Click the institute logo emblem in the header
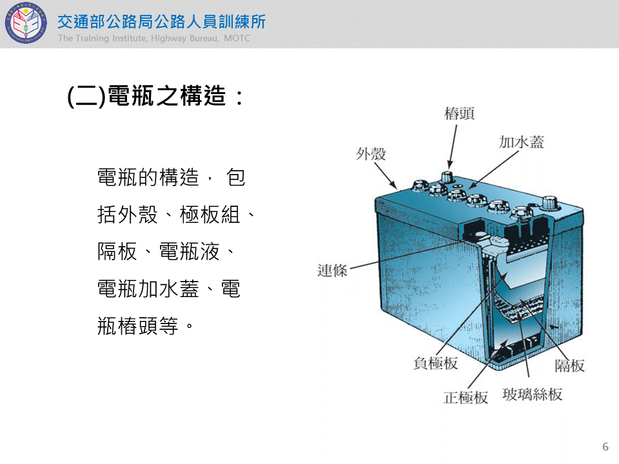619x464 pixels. click(x=26, y=23)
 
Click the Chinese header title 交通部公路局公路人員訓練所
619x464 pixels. click(x=161, y=22)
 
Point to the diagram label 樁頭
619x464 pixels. click(x=459, y=113)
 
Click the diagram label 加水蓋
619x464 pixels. click(x=522, y=142)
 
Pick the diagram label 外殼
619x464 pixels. click(x=371, y=154)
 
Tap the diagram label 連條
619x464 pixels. click(x=333, y=271)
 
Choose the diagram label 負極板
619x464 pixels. click(x=435, y=363)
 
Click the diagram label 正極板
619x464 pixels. click(x=466, y=398)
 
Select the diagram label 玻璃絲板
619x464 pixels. click(x=533, y=394)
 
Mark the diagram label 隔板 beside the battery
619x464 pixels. click(x=569, y=366)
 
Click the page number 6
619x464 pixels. click(x=605, y=446)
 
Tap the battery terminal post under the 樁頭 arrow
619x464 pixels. click(x=447, y=178)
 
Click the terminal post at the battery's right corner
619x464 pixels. click(x=549, y=203)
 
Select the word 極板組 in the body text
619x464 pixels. click(x=210, y=215)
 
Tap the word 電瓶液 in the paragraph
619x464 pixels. click(x=189, y=252)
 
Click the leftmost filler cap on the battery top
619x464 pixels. click(x=420, y=186)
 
